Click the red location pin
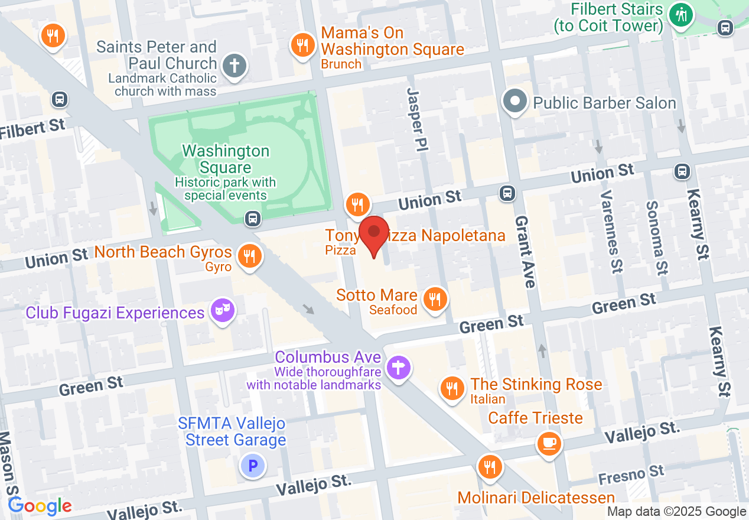click(x=374, y=233)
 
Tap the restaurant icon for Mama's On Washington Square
click(x=302, y=45)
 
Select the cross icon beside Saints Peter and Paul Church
click(x=235, y=65)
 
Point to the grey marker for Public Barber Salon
click(x=515, y=101)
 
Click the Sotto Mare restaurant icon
click(x=435, y=298)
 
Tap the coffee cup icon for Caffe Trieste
click(x=549, y=443)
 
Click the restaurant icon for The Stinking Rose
click(x=452, y=388)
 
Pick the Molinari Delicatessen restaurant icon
click(x=489, y=467)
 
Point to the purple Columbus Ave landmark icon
click(x=399, y=368)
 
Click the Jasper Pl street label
click(x=417, y=118)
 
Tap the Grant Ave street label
click(x=525, y=251)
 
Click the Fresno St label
click(x=631, y=474)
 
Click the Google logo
click(x=40, y=506)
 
